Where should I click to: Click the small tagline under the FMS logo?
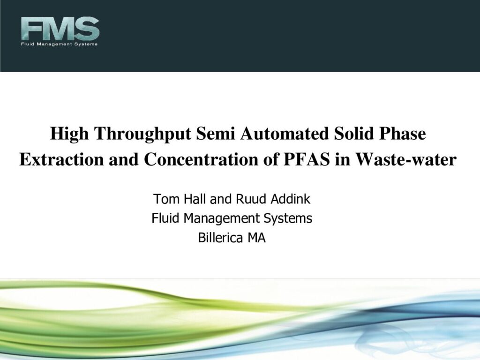pos(60,44)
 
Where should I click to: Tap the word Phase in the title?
pos(403,134)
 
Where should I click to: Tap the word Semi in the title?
pos(216,134)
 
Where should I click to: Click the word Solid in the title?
pos(354,134)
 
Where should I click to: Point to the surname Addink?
pos(291,199)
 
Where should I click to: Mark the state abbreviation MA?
pos(256,238)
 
